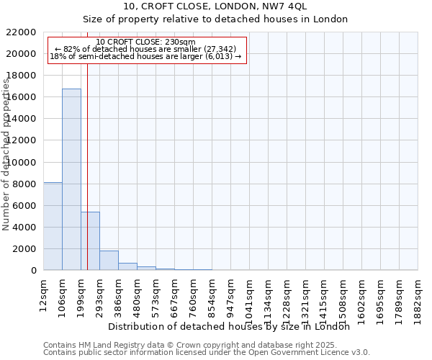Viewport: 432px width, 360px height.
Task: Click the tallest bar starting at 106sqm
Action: [71, 179]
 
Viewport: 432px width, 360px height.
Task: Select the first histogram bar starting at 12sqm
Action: [53, 226]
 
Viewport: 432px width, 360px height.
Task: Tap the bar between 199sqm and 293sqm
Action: [90, 240]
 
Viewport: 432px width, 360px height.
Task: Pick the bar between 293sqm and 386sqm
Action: [109, 260]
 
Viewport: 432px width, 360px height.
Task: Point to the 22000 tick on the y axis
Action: [22, 32]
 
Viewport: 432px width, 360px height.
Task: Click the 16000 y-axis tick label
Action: [22, 97]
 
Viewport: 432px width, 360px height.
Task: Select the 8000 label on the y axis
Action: [24, 184]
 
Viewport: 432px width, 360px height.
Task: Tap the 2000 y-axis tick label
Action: [24, 249]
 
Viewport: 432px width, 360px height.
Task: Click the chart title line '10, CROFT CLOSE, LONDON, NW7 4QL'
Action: [215, 7]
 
